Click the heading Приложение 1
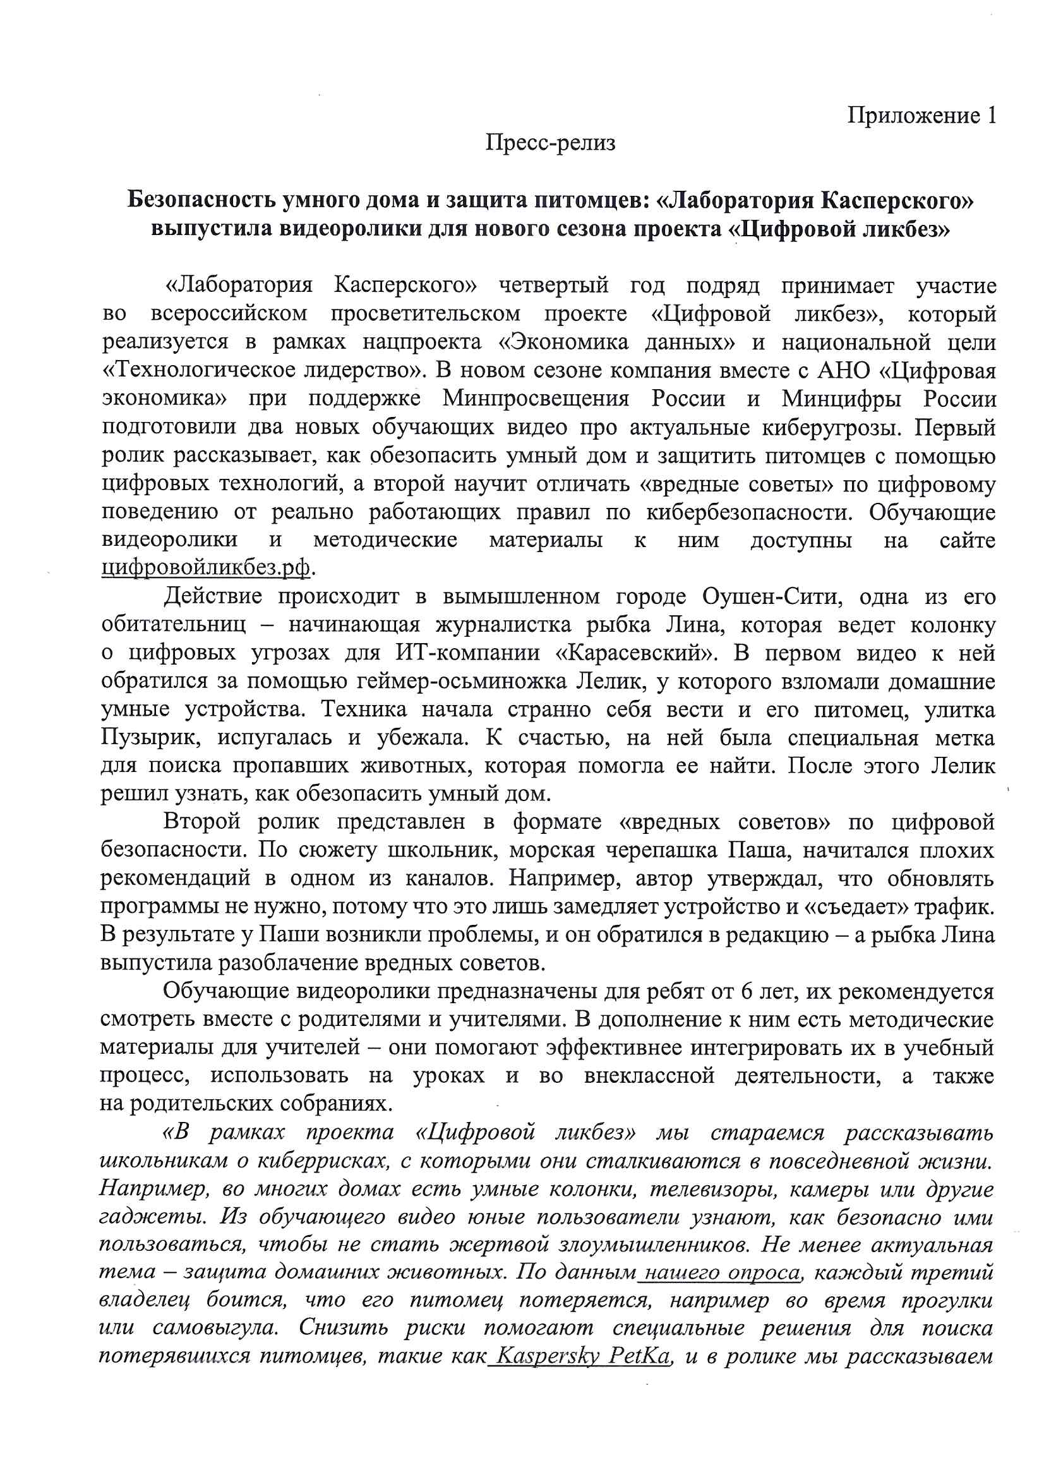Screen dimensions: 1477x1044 [921, 116]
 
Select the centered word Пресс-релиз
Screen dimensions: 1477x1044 [551, 142]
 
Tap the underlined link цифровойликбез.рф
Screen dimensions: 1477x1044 [206, 567]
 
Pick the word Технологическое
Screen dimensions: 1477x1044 [198, 371]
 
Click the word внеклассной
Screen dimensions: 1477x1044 [649, 1076]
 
